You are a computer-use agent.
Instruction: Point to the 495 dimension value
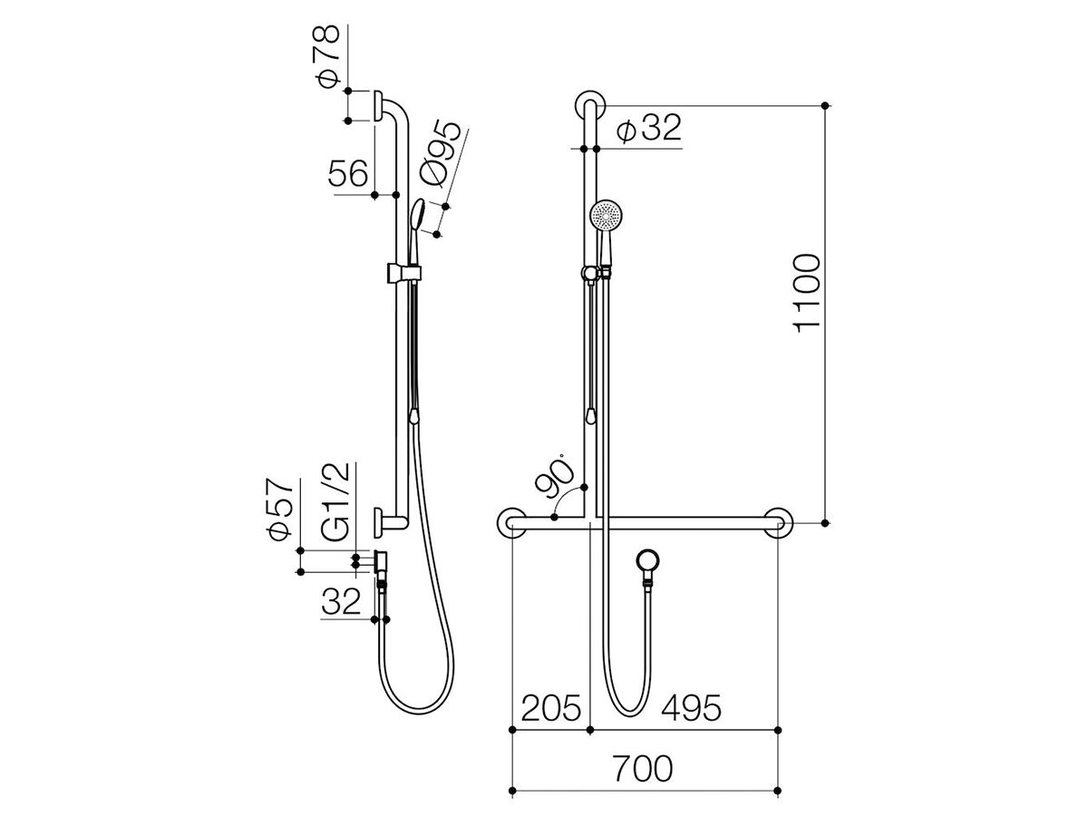[691, 708]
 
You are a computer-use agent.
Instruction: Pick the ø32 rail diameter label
[647, 129]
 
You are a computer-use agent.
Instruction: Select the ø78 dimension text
[328, 57]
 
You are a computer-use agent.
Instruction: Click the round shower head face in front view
[605, 217]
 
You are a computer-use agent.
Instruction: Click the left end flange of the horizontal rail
[511, 522]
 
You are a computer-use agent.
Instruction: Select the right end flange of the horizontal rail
[776, 522]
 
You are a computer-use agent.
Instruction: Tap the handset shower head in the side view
[418, 217]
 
